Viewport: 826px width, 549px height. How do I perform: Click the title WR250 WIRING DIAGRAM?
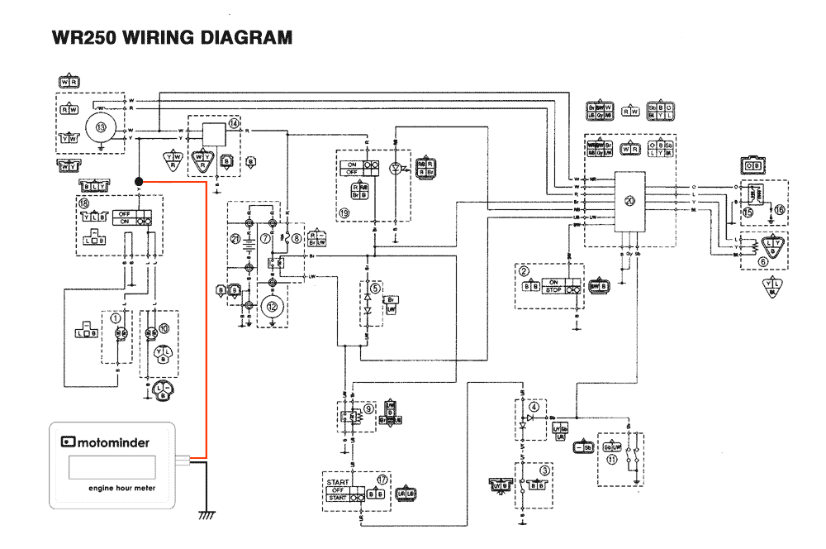coord(172,37)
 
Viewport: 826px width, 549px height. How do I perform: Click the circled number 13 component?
coord(102,128)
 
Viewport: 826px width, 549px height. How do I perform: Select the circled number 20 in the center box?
coord(630,200)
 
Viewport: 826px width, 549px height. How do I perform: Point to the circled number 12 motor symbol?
coord(271,305)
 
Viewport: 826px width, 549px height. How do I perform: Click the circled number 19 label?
coord(343,212)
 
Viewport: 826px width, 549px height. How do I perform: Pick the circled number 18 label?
coord(83,203)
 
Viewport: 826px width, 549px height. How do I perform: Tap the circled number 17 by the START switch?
coord(382,479)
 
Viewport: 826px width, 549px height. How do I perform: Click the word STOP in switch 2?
coord(553,290)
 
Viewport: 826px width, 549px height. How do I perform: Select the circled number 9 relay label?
coord(369,407)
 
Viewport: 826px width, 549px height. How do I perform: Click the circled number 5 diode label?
coord(375,289)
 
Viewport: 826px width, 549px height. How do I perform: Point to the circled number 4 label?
coord(534,406)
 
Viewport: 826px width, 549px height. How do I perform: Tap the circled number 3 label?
coord(544,470)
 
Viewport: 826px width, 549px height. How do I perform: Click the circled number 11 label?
coord(612,460)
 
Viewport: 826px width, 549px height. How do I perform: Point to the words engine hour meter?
coord(121,488)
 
